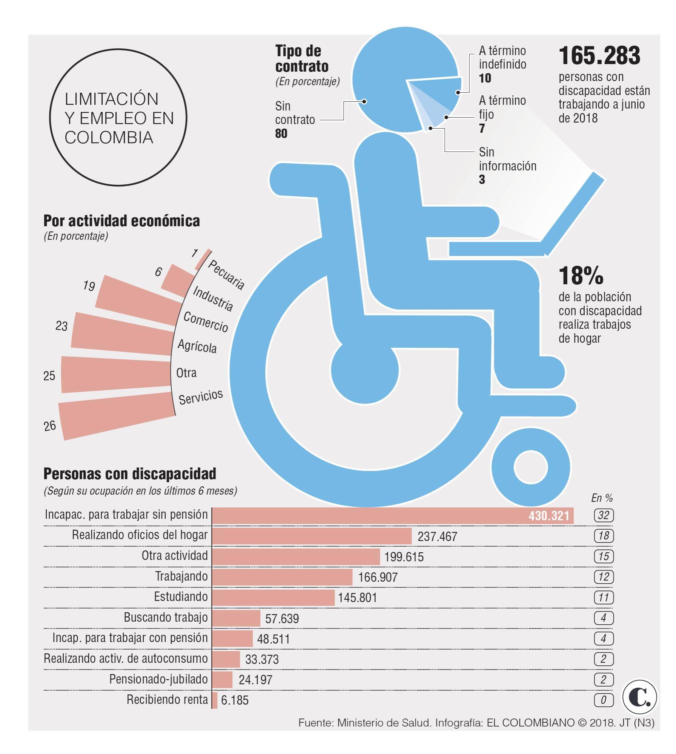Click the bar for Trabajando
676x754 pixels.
[282, 577]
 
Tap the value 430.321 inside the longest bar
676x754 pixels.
[549, 516]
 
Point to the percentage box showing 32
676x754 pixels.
[603, 515]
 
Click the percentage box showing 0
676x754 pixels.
[603, 700]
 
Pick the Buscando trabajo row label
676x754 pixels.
[166, 618]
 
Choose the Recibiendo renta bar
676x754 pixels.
[215, 700]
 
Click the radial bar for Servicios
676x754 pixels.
[117, 415]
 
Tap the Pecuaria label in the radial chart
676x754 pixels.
[226, 275]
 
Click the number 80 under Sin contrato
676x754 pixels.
[281, 133]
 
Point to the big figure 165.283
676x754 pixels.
[599, 56]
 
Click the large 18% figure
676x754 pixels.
[581, 276]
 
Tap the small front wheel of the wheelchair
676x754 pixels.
[530, 467]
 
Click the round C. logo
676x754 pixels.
[640, 697]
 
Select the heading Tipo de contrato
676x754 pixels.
[301, 58]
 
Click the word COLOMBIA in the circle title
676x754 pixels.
[109, 137]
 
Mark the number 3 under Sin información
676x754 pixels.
[482, 179]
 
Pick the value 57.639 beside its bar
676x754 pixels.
[282, 619]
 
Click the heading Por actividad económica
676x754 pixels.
[121, 221]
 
